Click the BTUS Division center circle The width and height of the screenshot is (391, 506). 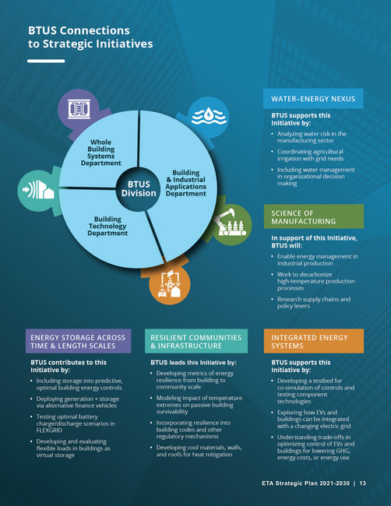click(x=139, y=189)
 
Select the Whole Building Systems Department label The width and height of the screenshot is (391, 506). click(x=101, y=153)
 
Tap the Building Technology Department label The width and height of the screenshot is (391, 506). click(x=107, y=226)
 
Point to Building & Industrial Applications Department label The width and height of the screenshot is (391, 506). click(x=185, y=183)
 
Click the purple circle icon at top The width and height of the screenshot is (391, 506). click(x=79, y=109)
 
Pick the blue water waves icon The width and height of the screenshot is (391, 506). click(x=209, y=117)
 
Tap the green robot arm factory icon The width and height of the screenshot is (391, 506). click(x=231, y=224)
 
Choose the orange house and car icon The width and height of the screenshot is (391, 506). click(x=170, y=284)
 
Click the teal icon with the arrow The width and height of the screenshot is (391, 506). click(x=38, y=191)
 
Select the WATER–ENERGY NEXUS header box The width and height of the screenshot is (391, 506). click(x=313, y=98)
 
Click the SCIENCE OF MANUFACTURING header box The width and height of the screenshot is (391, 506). click(x=314, y=216)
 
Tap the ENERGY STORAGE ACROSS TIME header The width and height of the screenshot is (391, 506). click(x=79, y=341)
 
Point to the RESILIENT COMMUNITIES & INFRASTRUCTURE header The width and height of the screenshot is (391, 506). click(x=196, y=341)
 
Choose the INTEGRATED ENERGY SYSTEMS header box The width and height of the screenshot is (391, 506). click(x=314, y=341)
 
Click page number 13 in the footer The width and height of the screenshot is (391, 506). click(x=363, y=483)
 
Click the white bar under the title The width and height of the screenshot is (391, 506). click(x=46, y=61)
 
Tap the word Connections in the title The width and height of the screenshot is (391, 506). click(x=95, y=30)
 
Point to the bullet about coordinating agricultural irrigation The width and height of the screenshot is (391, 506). click(x=310, y=155)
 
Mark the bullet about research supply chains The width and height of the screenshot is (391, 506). click(x=314, y=302)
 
